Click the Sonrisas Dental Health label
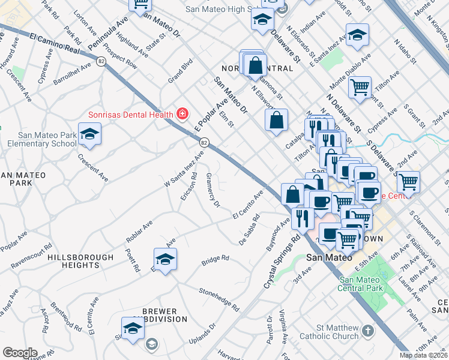(x=131, y=114)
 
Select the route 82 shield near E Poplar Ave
(x=205, y=142)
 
